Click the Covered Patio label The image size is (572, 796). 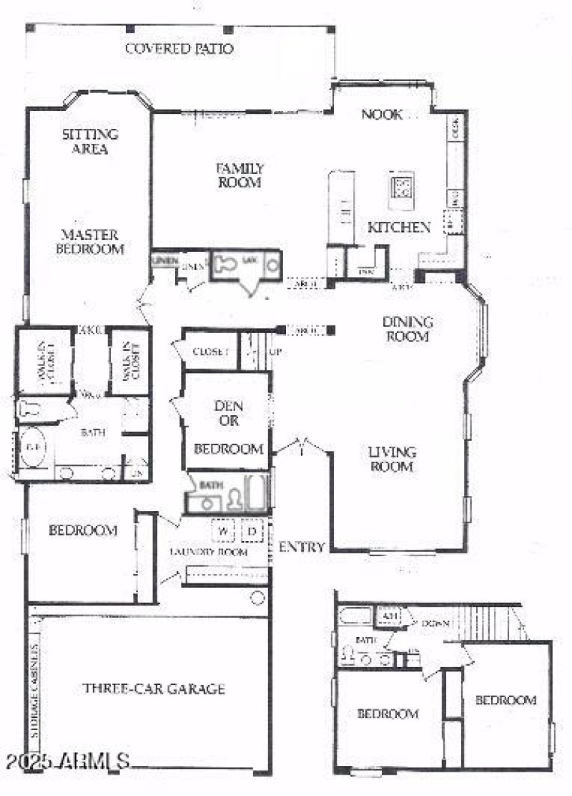(179, 49)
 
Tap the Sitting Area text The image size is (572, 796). (90, 141)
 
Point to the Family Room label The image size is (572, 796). (240, 175)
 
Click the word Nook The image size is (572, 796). (382, 115)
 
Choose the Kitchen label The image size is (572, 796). (399, 228)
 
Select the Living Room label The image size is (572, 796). (392, 459)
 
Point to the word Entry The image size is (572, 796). (302, 547)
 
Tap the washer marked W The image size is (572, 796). (224, 531)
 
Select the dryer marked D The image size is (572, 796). (252, 531)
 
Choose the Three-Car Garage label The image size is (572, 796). (153, 689)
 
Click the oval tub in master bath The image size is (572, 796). (32, 448)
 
